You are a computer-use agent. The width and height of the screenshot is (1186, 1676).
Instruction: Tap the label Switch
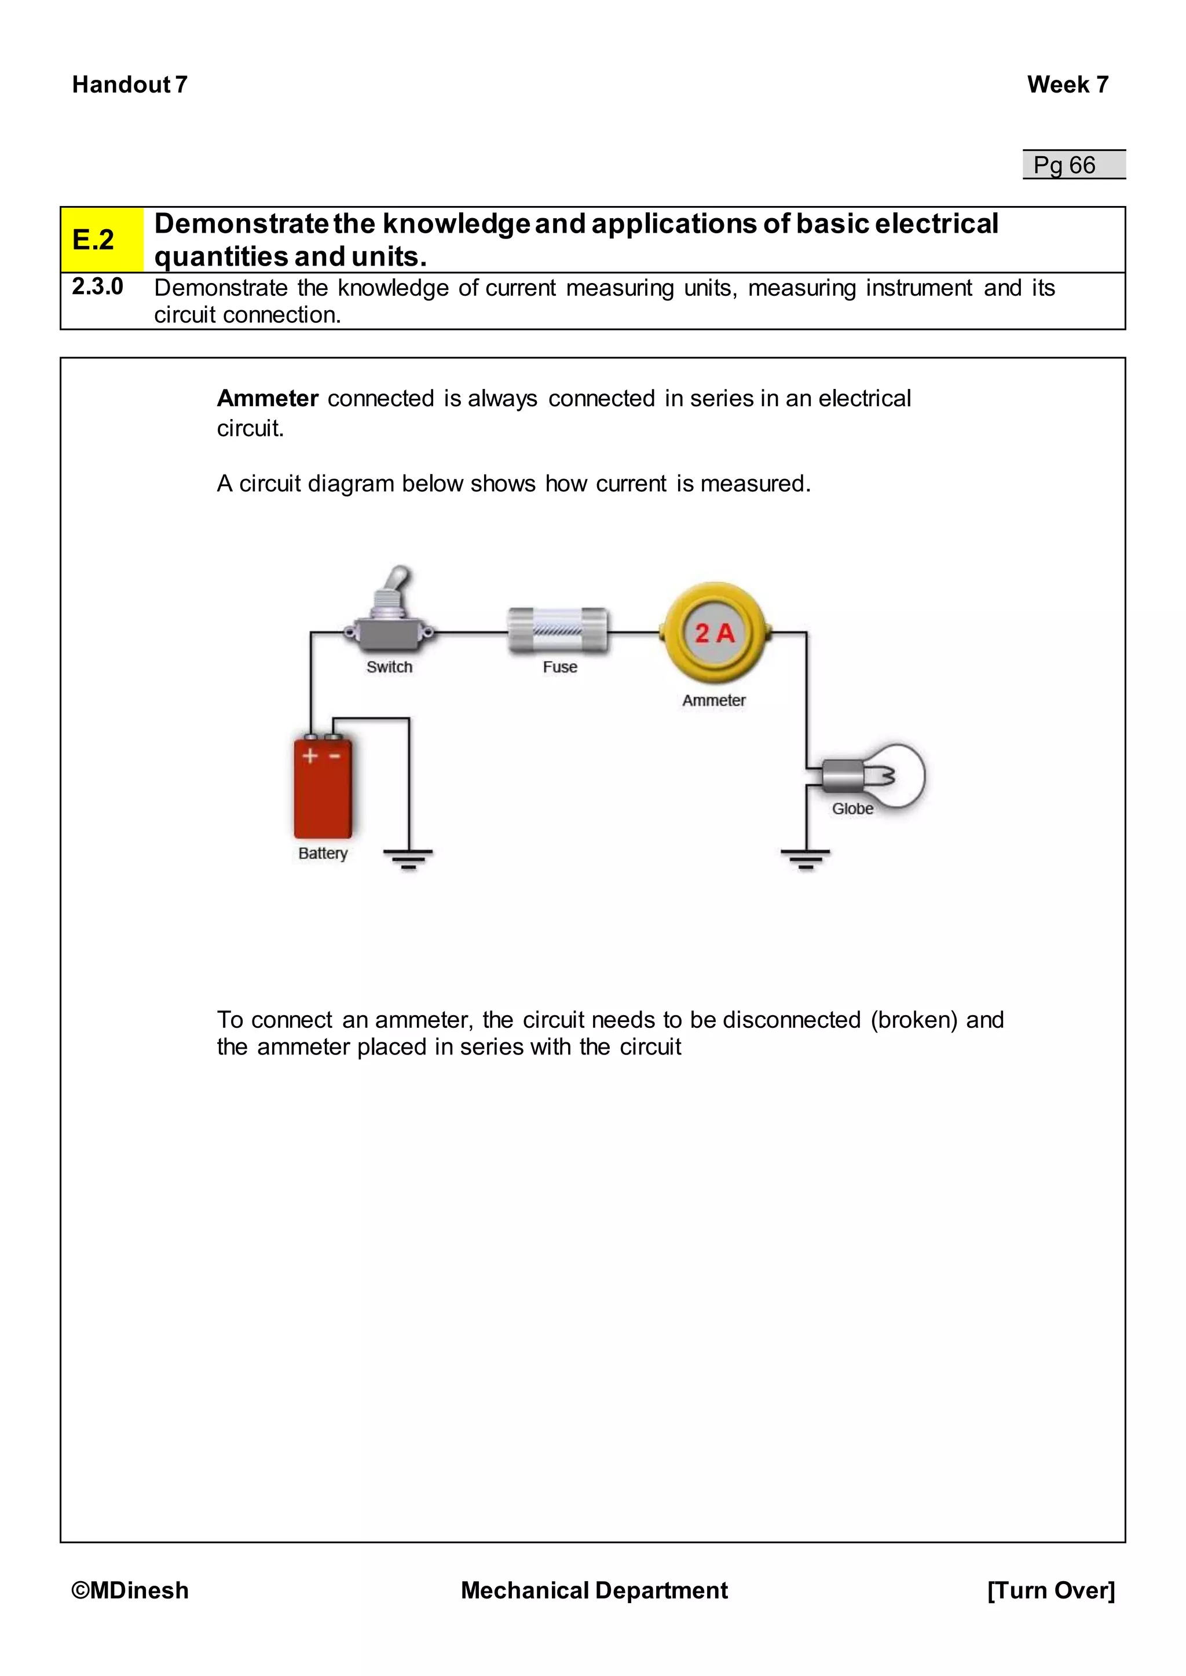pyautogui.click(x=389, y=667)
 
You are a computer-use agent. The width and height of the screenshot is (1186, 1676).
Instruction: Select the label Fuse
pyautogui.click(x=560, y=667)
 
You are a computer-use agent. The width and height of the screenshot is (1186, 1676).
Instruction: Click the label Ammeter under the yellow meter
pyautogui.click(x=713, y=701)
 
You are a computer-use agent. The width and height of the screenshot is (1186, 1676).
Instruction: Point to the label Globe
pyautogui.click(x=852, y=809)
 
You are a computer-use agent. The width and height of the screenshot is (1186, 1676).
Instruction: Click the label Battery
pyautogui.click(x=323, y=853)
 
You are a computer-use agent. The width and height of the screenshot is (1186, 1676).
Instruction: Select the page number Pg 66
pyautogui.click(x=1065, y=165)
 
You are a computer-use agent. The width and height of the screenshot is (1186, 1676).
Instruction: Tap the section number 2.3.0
pyautogui.click(x=97, y=287)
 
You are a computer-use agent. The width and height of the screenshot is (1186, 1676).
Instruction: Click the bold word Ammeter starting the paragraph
pyautogui.click(x=268, y=399)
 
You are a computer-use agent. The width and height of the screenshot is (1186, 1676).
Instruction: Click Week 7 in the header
pyautogui.click(x=1067, y=84)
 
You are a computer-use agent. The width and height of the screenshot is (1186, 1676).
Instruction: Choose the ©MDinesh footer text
pyautogui.click(x=130, y=1590)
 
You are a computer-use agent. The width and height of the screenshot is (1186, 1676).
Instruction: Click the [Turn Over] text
pyautogui.click(x=1050, y=1590)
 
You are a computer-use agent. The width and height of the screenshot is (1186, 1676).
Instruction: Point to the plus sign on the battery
pyautogui.click(x=310, y=756)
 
